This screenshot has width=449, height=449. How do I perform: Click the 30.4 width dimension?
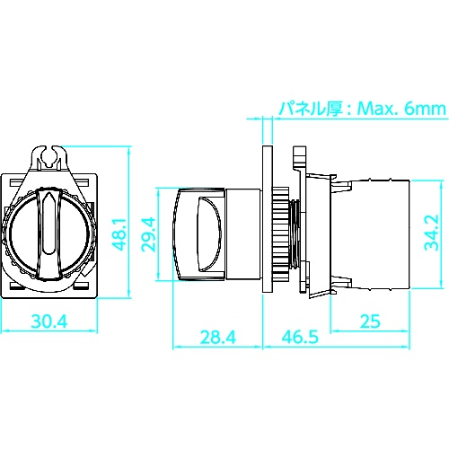[x=49, y=321]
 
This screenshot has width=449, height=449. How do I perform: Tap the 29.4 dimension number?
[x=148, y=234]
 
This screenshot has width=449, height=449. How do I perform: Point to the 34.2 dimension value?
[x=431, y=233]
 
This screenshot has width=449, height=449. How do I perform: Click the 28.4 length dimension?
[x=218, y=337]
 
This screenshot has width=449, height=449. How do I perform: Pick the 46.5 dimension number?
[x=300, y=337]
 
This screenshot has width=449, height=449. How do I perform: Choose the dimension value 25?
[x=370, y=321]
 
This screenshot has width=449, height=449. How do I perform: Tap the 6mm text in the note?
[x=425, y=109]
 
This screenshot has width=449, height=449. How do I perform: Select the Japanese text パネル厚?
[x=311, y=109]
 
